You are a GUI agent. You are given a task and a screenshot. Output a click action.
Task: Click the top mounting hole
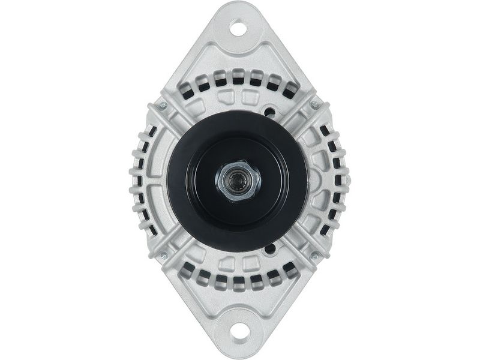pos(238,28)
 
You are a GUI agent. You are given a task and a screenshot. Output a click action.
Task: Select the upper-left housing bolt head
pos(163,106)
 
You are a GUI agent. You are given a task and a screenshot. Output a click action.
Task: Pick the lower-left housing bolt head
pos(163,256)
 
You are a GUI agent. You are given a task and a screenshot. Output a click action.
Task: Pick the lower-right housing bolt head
pos(314,256)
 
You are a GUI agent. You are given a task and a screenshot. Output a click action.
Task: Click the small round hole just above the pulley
pos(271,112)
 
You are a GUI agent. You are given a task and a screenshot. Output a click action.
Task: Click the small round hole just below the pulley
pos(271,247)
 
